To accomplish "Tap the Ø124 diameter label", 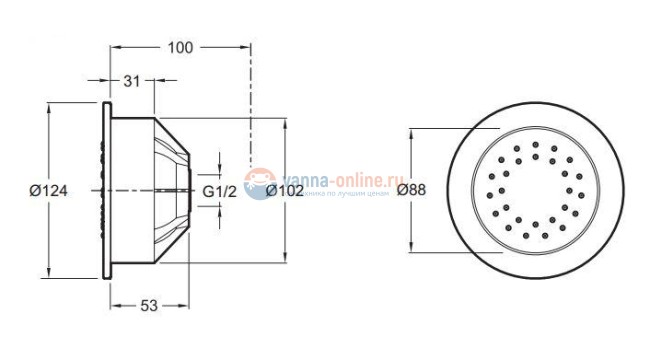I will [47, 189].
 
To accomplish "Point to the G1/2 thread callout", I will [219, 190].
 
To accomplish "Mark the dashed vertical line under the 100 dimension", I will [251, 110].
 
